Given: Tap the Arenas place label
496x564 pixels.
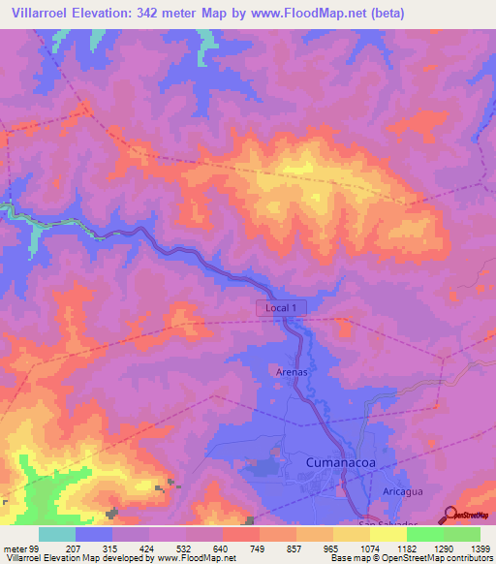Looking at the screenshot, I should click(x=290, y=371).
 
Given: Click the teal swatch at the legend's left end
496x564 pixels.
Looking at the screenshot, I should click(x=57, y=534).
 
